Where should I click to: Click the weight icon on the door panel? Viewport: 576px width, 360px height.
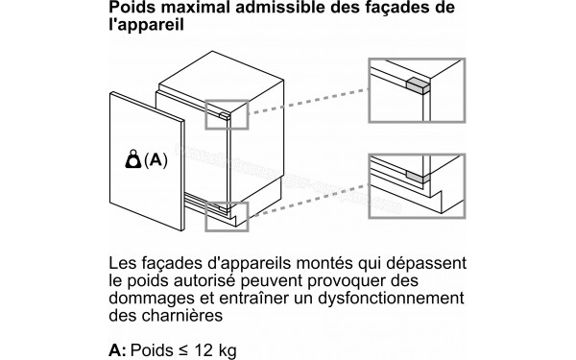(x=132, y=161)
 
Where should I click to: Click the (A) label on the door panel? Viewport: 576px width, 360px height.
(x=155, y=161)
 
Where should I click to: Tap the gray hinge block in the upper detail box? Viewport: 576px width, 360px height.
(x=419, y=84)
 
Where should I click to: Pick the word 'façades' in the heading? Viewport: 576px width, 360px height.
(x=409, y=10)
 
